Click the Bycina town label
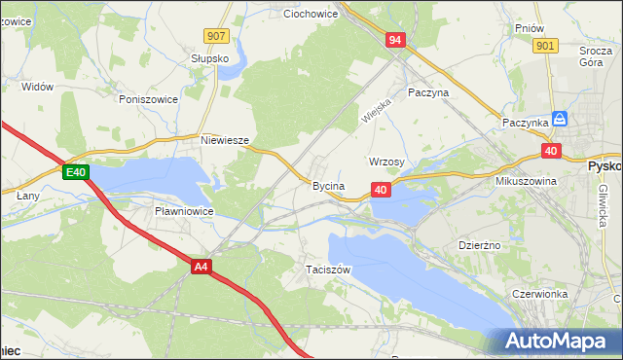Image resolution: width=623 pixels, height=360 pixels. click(328, 185)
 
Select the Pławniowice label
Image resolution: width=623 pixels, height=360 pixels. click(184, 210)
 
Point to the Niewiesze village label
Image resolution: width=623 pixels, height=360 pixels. click(225, 140)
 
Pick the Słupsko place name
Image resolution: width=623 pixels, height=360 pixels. click(209, 58)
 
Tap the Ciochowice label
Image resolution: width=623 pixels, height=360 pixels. click(310, 15)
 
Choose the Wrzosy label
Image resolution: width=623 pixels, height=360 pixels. click(386, 162)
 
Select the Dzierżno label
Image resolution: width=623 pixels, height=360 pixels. click(479, 245)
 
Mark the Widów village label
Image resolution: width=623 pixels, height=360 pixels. click(37, 87)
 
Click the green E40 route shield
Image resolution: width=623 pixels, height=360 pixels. click(77, 173)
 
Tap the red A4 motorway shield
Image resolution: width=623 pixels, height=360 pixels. click(202, 267)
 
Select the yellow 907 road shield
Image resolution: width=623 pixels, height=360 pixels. click(216, 36)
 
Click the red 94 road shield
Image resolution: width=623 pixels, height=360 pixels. click(394, 40)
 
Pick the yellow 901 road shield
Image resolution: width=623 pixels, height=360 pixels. click(545, 46)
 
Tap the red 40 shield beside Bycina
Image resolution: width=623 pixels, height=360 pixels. click(381, 190)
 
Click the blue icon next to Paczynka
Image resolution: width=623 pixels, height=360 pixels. click(560, 119)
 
